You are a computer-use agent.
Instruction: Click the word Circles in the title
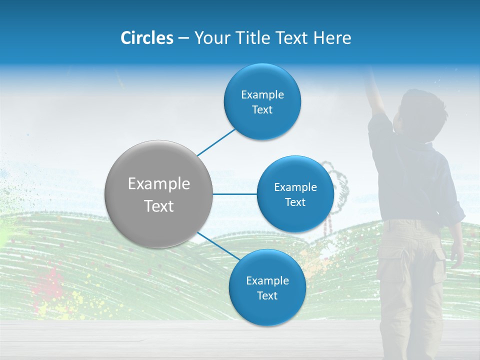pos(146,38)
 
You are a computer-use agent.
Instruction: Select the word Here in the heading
pos(332,38)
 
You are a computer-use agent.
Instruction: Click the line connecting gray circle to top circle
pos(216,142)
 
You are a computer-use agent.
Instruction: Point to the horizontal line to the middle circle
pos(234,194)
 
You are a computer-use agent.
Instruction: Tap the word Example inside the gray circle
pos(159,184)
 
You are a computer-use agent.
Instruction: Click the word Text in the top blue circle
pos(262,110)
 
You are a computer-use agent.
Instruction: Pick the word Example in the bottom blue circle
pos(267,281)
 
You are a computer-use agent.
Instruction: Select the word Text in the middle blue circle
pos(295,202)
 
